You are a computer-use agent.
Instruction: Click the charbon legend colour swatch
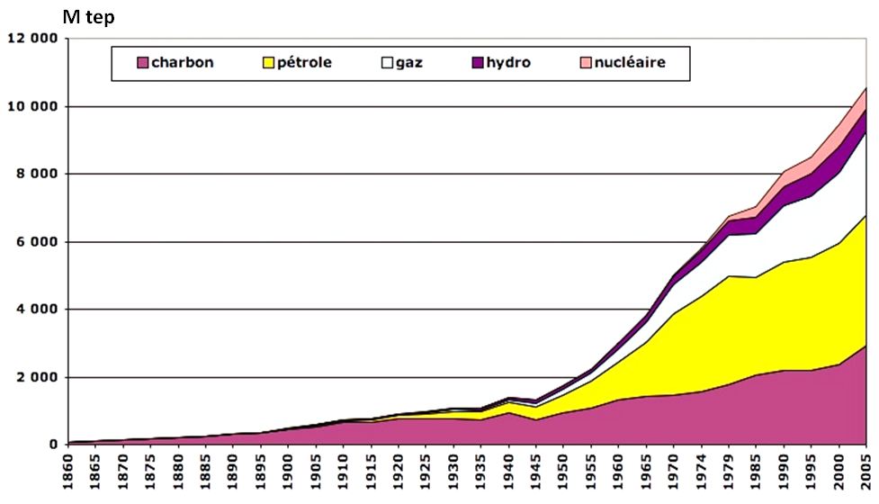point(142,63)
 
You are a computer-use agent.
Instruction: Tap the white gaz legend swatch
point(389,63)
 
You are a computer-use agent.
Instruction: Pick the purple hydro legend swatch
point(479,63)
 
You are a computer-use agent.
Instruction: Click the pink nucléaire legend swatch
point(587,63)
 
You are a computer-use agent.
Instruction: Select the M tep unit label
point(88,17)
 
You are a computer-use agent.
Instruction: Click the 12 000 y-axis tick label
point(32,39)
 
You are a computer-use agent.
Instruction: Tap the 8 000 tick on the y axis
point(37,174)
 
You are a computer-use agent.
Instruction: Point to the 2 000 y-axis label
point(37,377)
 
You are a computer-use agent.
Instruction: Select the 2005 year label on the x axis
point(866,474)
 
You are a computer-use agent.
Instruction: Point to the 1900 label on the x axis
point(285,474)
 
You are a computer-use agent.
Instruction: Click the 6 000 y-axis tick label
point(37,242)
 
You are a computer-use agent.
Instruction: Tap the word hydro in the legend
point(509,63)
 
